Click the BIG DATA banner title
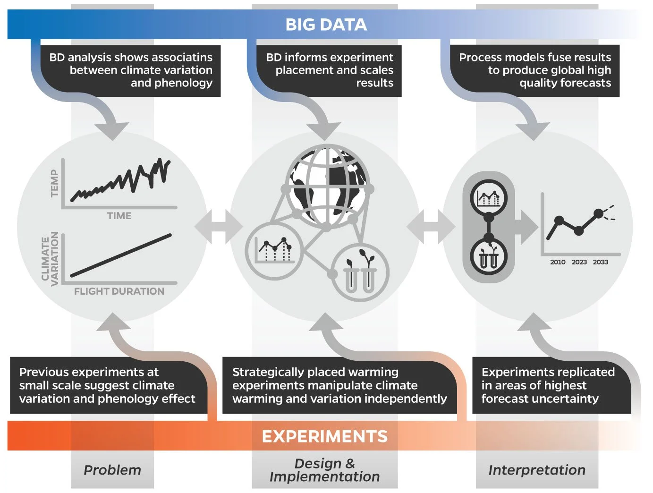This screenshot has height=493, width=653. pyautogui.click(x=326, y=25)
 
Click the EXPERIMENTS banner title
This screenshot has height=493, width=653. pyautogui.click(x=325, y=436)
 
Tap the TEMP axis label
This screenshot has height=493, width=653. pyautogui.click(x=55, y=183)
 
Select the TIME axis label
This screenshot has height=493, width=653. pyautogui.click(x=119, y=216)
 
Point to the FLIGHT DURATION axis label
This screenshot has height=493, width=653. pyautogui.click(x=119, y=291)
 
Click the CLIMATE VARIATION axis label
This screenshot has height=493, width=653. pyautogui.click(x=50, y=259)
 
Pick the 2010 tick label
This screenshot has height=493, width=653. pyautogui.click(x=558, y=262)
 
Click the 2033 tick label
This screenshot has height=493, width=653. pyautogui.click(x=601, y=262)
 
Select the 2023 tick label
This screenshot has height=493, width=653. pyautogui.click(x=579, y=262)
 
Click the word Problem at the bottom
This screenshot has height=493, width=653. pyautogui.click(x=112, y=470)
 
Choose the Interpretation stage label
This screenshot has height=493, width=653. pyautogui.click(x=537, y=470)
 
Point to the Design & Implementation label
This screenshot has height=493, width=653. pyautogui.click(x=324, y=470)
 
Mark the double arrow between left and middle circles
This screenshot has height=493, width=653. pyautogui.click(x=219, y=227)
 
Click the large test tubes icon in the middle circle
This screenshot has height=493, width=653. pyautogui.click(x=360, y=273)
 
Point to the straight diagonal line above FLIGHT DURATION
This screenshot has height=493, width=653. pyautogui.click(x=121, y=255)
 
